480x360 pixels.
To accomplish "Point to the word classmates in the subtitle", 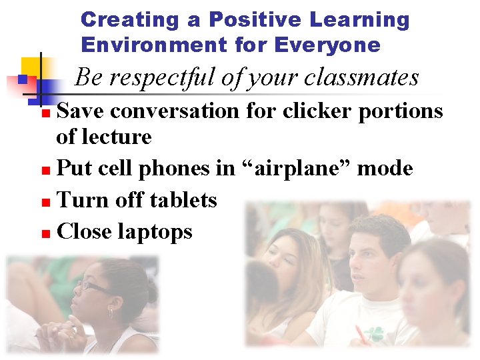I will tap(361, 78).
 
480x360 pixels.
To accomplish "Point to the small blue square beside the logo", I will tap(22, 79).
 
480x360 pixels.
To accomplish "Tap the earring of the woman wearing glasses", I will tap(111, 311).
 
